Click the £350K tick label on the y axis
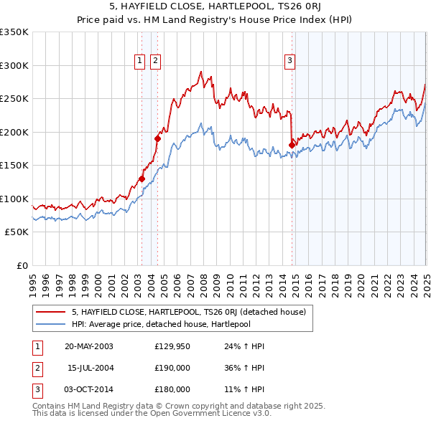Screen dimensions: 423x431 point(14,32)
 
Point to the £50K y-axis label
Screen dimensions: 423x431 point(17,232)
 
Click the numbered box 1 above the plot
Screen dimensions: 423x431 point(139,62)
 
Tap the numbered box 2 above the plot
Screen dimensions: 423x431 point(155,62)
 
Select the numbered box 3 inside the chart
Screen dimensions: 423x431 point(289,62)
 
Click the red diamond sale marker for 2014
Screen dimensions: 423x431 point(292,145)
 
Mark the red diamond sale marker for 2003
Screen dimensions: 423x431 point(142,179)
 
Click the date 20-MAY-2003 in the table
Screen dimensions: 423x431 point(89,346)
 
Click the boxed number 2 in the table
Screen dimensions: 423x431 point(36,368)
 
